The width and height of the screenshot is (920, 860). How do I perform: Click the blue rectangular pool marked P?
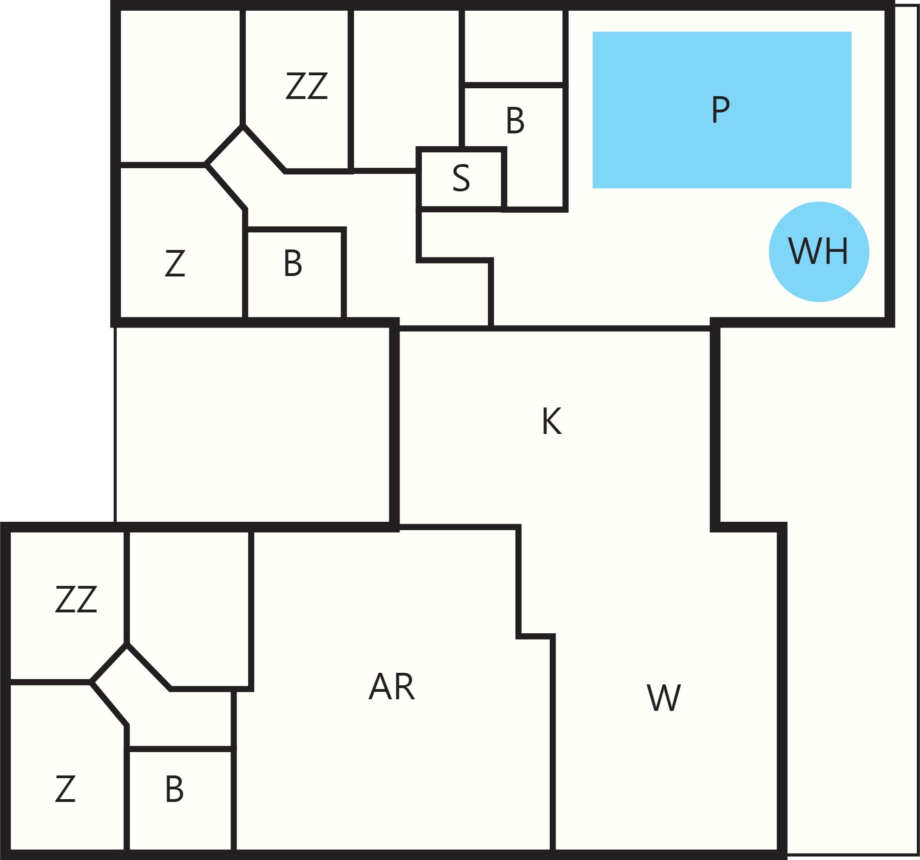tap(722, 110)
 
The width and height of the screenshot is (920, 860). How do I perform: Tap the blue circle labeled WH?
tap(819, 252)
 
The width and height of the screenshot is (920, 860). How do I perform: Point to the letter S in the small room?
tap(461, 178)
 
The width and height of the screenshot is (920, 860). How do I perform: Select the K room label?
tap(552, 421)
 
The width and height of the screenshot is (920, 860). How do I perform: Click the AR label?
tap(392, 687)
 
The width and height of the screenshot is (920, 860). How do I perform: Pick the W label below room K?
tap(664, 698)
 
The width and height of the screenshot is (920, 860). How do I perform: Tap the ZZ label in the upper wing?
tap(307, 86)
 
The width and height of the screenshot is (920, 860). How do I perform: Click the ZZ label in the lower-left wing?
tap(76, 599)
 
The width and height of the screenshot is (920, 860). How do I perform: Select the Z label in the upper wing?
tap(175, 263)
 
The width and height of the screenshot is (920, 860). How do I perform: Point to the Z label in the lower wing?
tap(65, 789)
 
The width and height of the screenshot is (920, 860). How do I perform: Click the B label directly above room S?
tap(515, 121)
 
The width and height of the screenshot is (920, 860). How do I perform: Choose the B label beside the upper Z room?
tap(293, 263)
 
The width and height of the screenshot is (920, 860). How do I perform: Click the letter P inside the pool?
tap(721, 110)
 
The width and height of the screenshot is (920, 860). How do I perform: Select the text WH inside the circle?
tap(818, 251)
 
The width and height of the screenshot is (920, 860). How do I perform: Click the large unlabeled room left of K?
tap(253, 425)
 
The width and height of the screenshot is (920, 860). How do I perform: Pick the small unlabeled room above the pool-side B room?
tap(513, 46)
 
